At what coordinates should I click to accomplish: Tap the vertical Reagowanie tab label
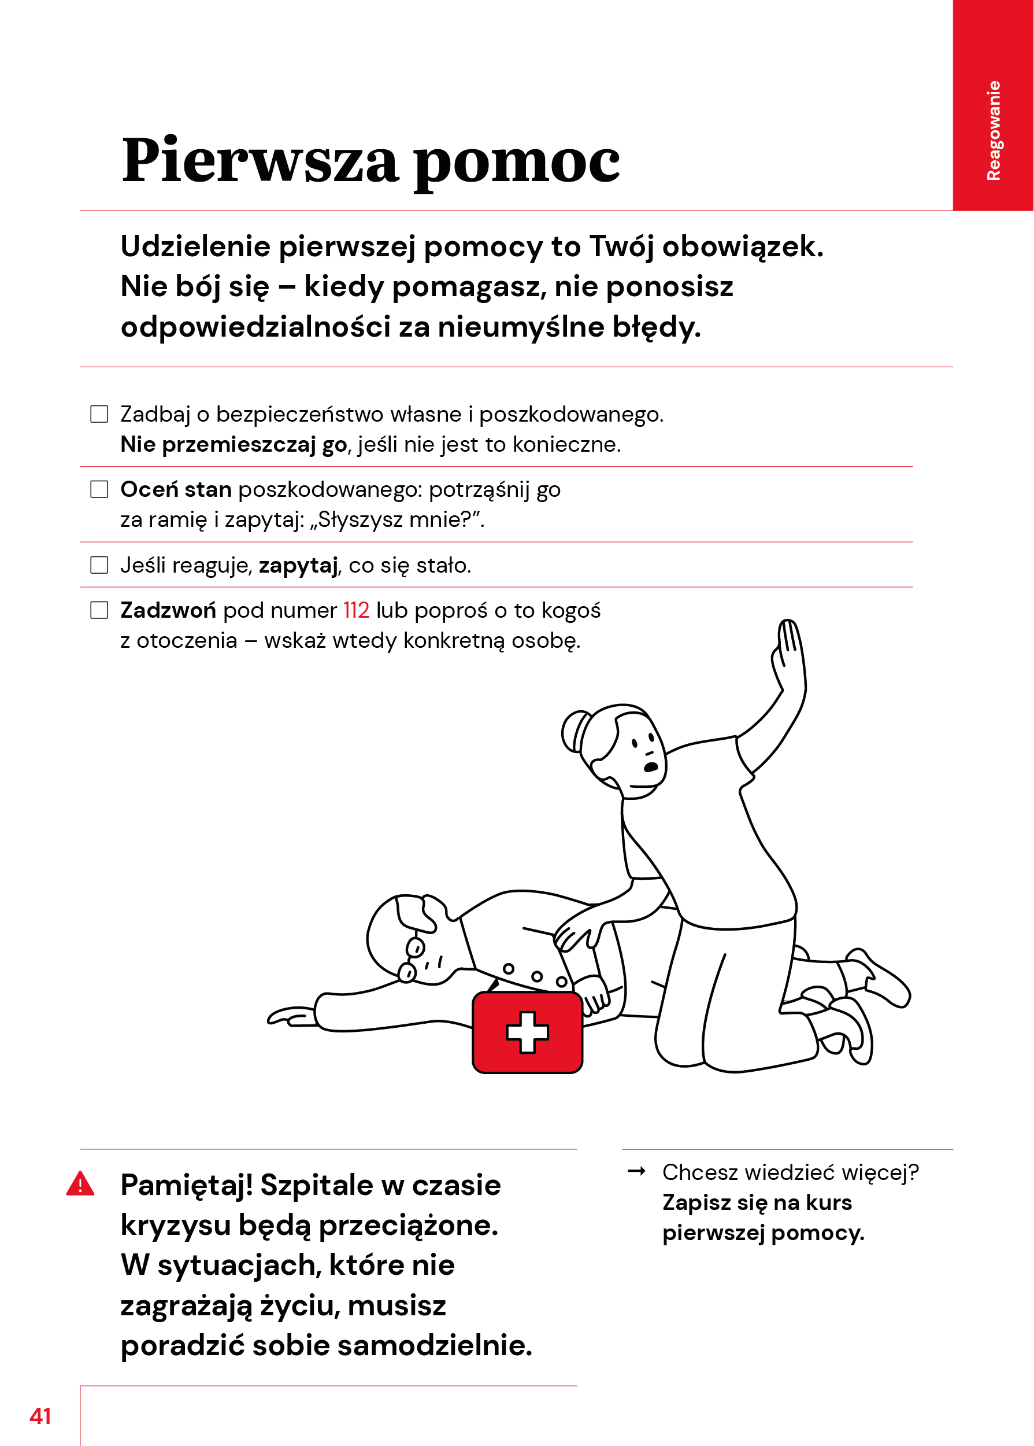pyautogui.click(x=993, y=131)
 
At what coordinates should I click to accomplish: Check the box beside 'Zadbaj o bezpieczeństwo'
pyautogui.click(x=99, y=414)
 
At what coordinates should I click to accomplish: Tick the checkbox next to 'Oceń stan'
pyautogui.click(x=99, y=489)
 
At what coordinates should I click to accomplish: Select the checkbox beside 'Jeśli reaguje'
pyautogui.click(x=99, y=565)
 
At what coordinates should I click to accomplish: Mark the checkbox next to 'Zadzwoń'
pyautogui.click(x=99, y=610)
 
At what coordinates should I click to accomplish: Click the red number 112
pyautogui.click(x=356, y=610)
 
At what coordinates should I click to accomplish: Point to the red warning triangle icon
pyautogui.click(x=80, y=1183)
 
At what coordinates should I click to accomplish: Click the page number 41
pyautogui.click(x=40, y=1415)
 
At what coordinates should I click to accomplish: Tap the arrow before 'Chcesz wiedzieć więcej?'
pyautogui.click(x=636, y=1171)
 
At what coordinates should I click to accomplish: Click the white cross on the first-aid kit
pyautogui.click(x=527, y=1031)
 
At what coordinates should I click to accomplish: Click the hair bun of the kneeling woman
pyautogui.click(x=574, y=731)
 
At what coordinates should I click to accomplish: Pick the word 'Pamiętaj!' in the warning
pyautogui.click(x=187, y=1185)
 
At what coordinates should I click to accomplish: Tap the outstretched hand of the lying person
pyautogui.click(x=290, y=1016)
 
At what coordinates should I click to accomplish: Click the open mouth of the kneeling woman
pyautogui.click(x=651, y=766)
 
